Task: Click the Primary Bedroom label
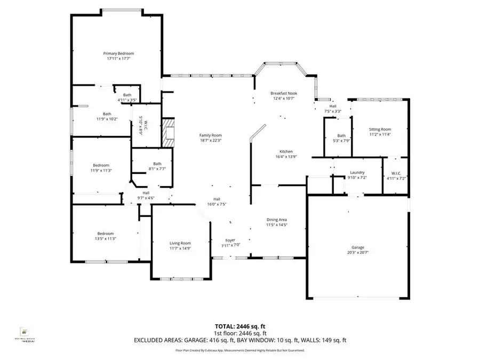pyautogui.click(x=118, y=53)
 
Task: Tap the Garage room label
pyautogui.click(x=357, y=247)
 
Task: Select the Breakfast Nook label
pyautogui.click(x=284, y=93)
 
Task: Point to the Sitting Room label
pyautogui.click(x=380, y=129)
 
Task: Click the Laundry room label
pyautogui.click(x=357, y=172)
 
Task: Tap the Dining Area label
pyautogui.click(x=277, y=219)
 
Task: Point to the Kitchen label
pyautogui.click(x=283, y=151)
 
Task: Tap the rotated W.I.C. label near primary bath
pyautogui.click(x=141, y=125)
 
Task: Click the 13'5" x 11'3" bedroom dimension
pyautogui.click(x=105, y=238)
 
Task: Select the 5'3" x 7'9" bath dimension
pyautogui.click(x=341, y=141)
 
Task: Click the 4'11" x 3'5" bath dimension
pyautogui.click(x=127, y=100)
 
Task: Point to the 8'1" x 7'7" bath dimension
pyautogui.click(x=157, y=169)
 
